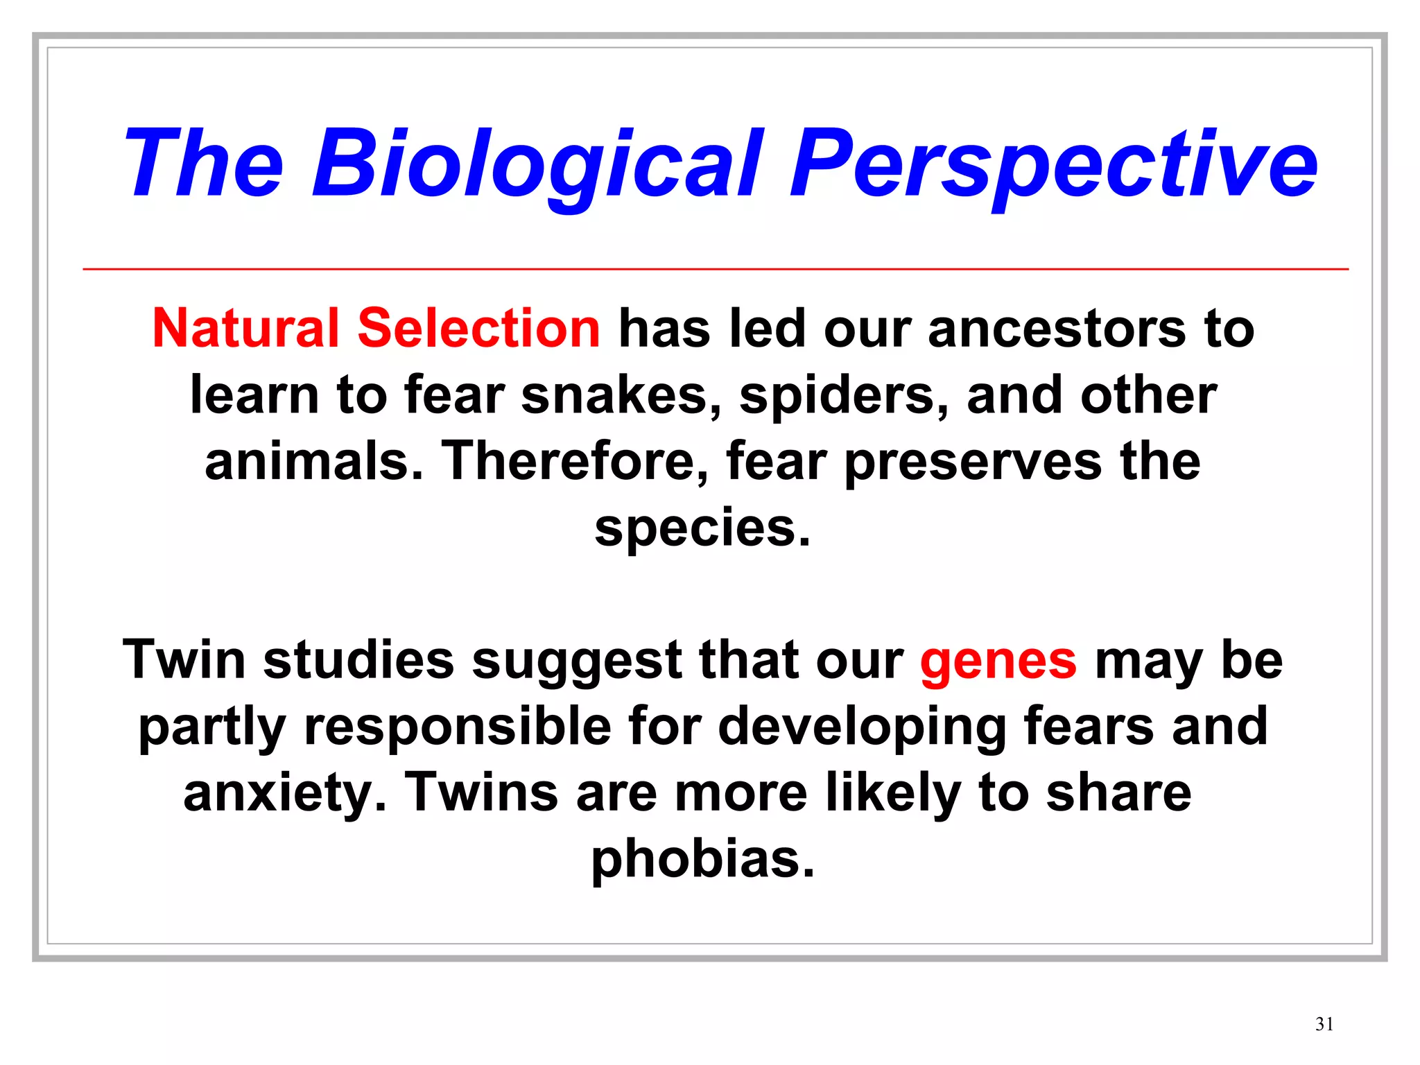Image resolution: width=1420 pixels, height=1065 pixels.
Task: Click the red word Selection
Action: pos(478,328)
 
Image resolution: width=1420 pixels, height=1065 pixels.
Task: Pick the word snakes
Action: pos(621,395)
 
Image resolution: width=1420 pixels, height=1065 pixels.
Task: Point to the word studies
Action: pos(358,660)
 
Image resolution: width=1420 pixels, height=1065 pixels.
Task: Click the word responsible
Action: pos(458,727)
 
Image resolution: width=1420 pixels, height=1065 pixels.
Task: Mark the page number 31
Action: pos(1324,1024)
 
